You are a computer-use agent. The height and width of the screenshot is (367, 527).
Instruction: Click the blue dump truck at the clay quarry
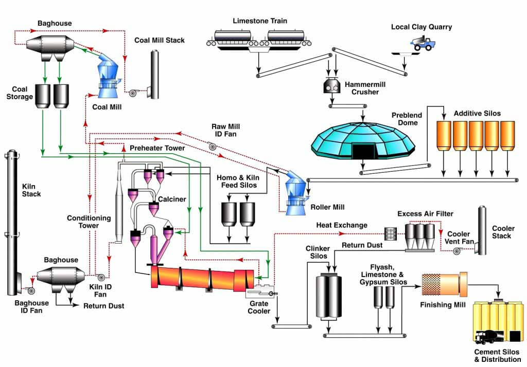[423, 44]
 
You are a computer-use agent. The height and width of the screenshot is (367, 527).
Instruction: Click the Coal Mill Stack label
[160, 40]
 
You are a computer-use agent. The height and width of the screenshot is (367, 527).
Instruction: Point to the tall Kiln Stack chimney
[12, 223]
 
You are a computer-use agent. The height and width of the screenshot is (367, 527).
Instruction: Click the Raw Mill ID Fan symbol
[212, 146]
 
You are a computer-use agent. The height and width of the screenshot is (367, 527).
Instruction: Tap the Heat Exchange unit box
[391, 234]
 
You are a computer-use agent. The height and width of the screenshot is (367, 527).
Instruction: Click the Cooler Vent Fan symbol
[457, 251]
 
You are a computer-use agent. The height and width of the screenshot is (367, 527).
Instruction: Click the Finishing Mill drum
[444, 284]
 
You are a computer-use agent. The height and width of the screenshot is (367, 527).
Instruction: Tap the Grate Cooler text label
[259, 307]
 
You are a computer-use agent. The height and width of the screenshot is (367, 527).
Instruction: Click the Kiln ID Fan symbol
[101, 277]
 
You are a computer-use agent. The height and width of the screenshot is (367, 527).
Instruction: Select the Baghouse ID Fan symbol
[31, 290]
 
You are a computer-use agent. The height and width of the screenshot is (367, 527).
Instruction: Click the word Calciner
[172, 199]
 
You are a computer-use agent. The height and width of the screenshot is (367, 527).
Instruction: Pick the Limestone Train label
[260, 21]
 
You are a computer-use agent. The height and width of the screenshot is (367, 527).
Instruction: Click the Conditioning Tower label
[89, 222]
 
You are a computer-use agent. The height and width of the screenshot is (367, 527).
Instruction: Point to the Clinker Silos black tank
[329, 296]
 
